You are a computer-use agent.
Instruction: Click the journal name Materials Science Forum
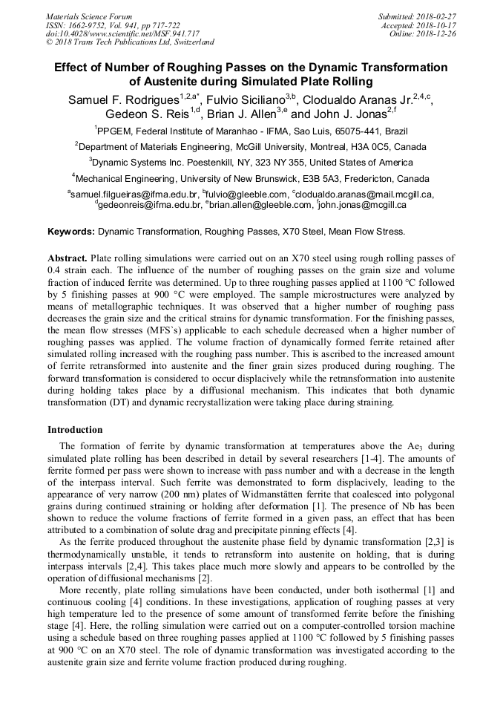point(89,16)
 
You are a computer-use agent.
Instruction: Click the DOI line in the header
point(122,33)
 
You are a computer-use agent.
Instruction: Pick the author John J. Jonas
point(348,114)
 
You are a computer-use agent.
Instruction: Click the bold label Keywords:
point(71,232)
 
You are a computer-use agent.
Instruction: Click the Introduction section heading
point(75,429)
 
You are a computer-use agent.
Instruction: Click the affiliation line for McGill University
point(251,146)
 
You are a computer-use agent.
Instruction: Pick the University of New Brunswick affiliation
point(251,177)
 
